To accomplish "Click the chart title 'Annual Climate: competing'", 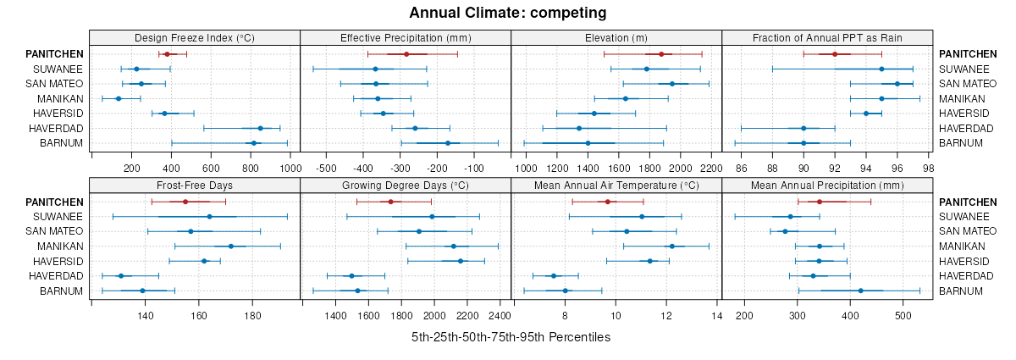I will pos(508,13).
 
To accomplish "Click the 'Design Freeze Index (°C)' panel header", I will pos(195,37).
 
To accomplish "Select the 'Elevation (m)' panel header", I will pos(616,37).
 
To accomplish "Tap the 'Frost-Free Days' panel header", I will pos(195,186).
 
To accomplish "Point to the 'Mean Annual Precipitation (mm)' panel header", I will pos(827,186).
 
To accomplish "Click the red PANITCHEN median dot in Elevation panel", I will pos(661,54).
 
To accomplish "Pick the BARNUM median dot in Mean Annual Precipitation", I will pos(861,291).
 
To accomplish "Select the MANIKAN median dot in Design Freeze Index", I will pos(119,99).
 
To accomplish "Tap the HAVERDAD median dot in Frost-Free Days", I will pos(120,276).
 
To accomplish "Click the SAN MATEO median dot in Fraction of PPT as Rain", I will pos(897,84).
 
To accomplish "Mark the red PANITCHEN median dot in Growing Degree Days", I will pos(390,202).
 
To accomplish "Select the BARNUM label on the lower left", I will pos(62,291).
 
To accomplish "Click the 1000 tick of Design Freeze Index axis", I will pos(290,168).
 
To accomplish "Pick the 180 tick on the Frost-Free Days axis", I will pos(253,316).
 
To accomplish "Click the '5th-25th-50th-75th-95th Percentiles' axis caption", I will pos(511,337).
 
